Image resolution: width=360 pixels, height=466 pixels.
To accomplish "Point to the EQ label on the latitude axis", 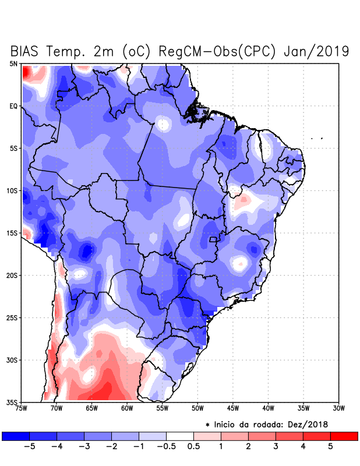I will (13, 106).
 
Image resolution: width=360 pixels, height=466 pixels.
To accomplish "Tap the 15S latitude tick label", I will (12, 233).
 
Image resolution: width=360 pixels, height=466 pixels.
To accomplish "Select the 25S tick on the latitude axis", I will (12, 317).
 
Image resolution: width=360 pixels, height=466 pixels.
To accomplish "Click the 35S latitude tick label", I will (12, 402).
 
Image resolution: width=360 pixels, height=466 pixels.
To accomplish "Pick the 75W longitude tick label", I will (22, 408).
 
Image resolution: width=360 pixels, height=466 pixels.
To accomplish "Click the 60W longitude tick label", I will (127, 408).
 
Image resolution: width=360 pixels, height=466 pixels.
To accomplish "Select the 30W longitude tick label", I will (338, 408).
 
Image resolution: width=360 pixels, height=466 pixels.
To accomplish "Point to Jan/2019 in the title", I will (316, 51).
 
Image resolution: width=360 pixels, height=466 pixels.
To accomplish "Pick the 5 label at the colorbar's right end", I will (330, 447).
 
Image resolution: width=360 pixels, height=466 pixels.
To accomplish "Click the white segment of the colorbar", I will (179, 436).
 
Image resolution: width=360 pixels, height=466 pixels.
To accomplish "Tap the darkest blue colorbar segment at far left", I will (15, 436).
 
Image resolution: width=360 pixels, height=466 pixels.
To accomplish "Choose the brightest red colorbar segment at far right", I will (344, 436).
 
